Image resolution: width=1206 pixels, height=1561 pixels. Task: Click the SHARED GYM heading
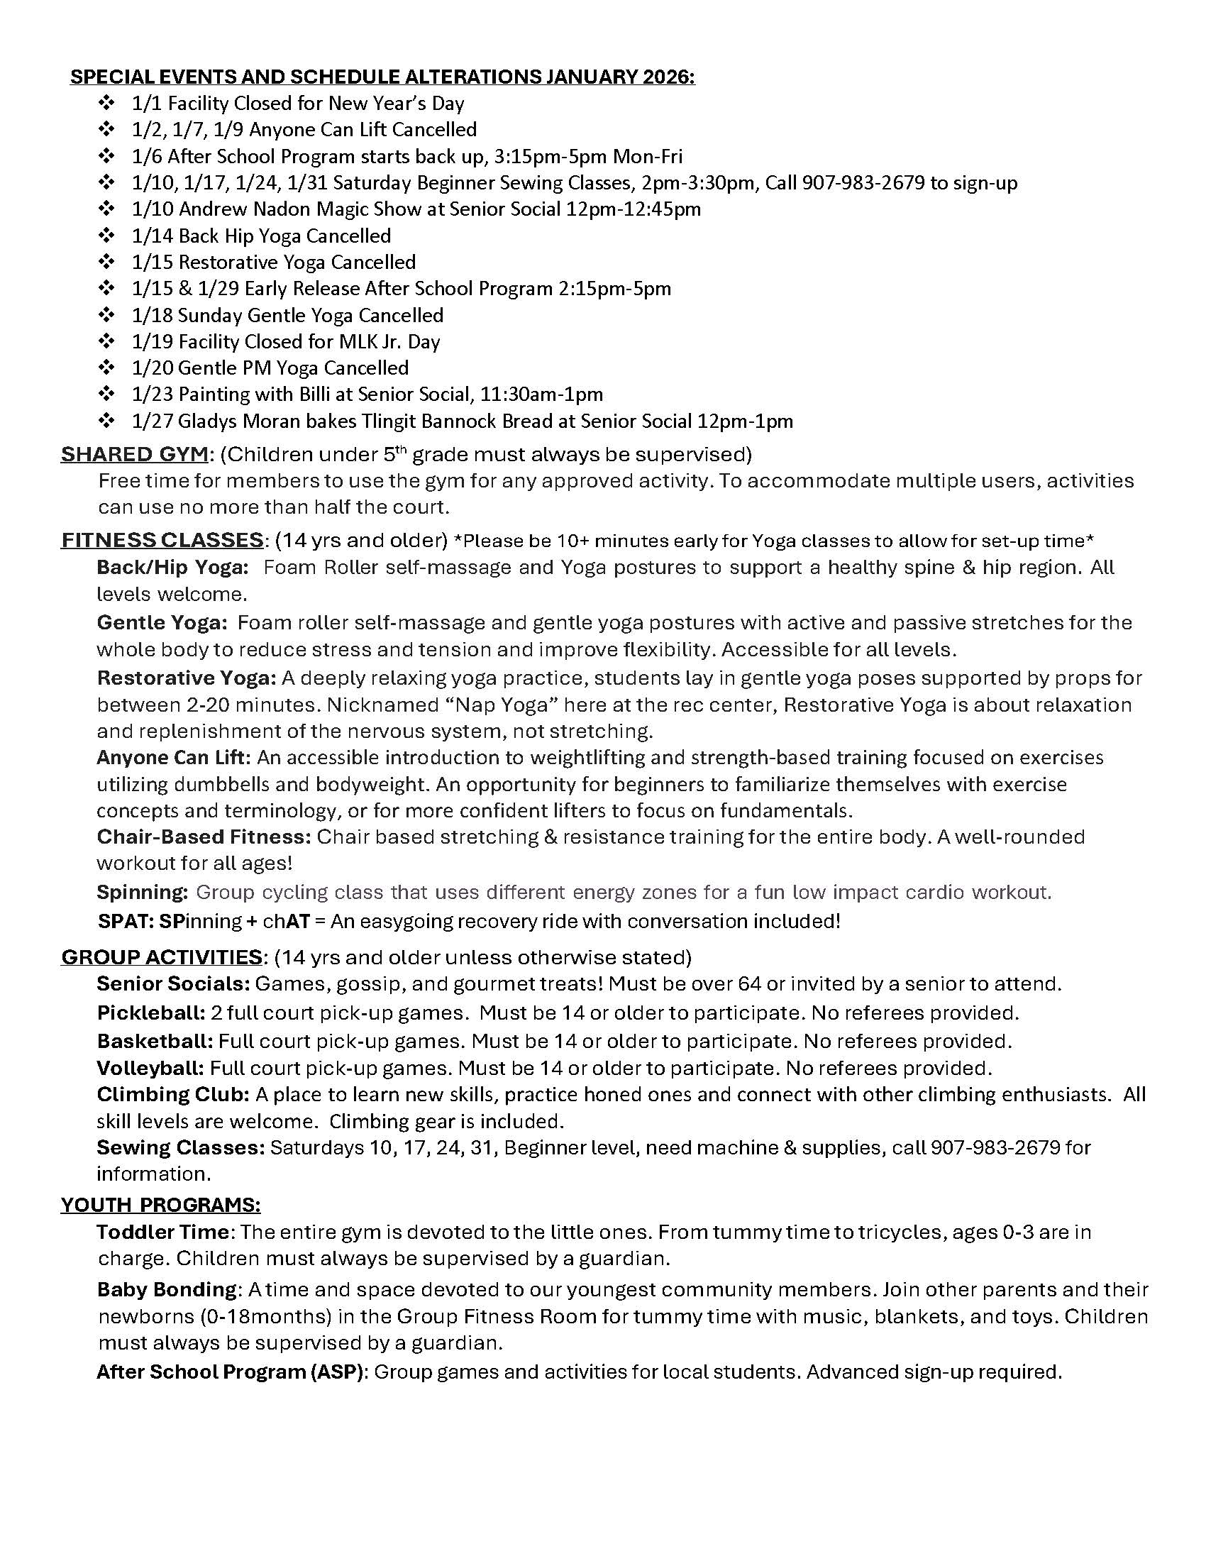pyautogui.click(x=135, y=454)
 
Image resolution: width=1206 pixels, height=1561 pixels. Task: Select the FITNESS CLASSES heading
pyautogui.click(x=163, y=540)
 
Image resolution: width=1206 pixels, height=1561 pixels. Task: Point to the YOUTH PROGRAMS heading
pyautogui.click(x=161, y=1205)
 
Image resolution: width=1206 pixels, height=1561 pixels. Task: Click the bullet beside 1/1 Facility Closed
pyautogui.click(x=106, y=104)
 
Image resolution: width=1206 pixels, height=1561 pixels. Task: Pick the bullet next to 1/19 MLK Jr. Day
pyautogui.click(x=106, y=342)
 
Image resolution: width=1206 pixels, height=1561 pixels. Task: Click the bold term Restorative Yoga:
pyautogui.click(x=187, y=678)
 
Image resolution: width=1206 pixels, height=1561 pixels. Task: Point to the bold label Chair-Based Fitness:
pyautogui.click(x=204, y=837)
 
